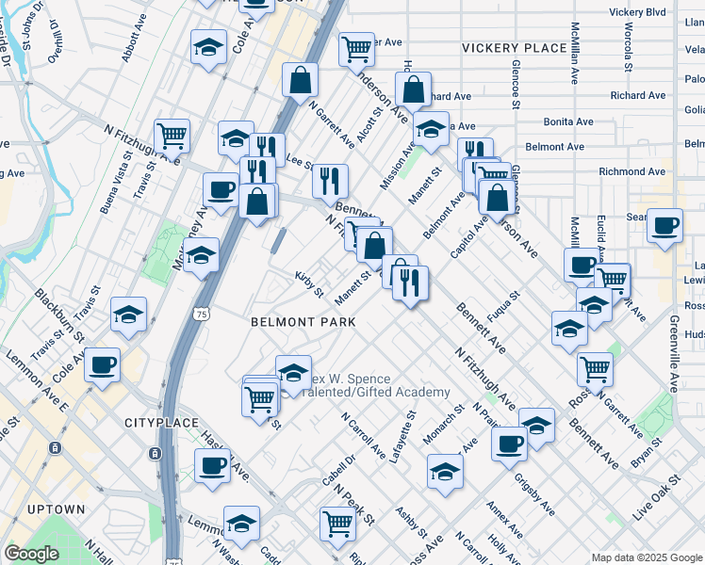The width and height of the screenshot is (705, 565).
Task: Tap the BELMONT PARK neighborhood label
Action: pos(303,322)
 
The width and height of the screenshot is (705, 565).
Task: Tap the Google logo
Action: pos(31,554)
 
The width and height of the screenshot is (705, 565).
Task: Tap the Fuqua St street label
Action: pos(498,309)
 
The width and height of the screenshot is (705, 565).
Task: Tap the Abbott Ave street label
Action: pos(128,42)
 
